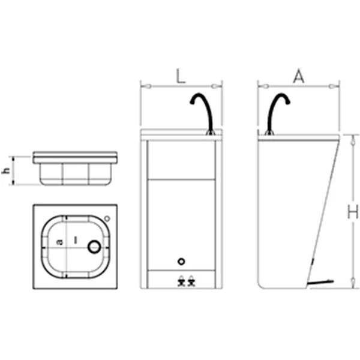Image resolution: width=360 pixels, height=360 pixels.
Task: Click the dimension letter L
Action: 181,76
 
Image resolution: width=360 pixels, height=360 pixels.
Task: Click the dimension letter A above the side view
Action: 299,76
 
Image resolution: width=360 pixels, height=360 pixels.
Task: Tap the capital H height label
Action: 353,212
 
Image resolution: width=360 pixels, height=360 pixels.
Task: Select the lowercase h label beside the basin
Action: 6,170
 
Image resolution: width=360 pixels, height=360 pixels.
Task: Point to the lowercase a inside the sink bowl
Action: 59,242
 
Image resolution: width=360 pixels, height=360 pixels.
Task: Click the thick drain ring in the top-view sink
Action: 94,247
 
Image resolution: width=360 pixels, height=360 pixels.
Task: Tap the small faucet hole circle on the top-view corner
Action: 107,218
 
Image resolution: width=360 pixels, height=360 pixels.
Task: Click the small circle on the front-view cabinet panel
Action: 181,262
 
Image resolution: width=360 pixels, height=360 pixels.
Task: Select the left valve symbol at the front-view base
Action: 181,281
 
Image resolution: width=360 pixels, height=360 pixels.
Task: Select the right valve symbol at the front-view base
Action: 191,281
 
